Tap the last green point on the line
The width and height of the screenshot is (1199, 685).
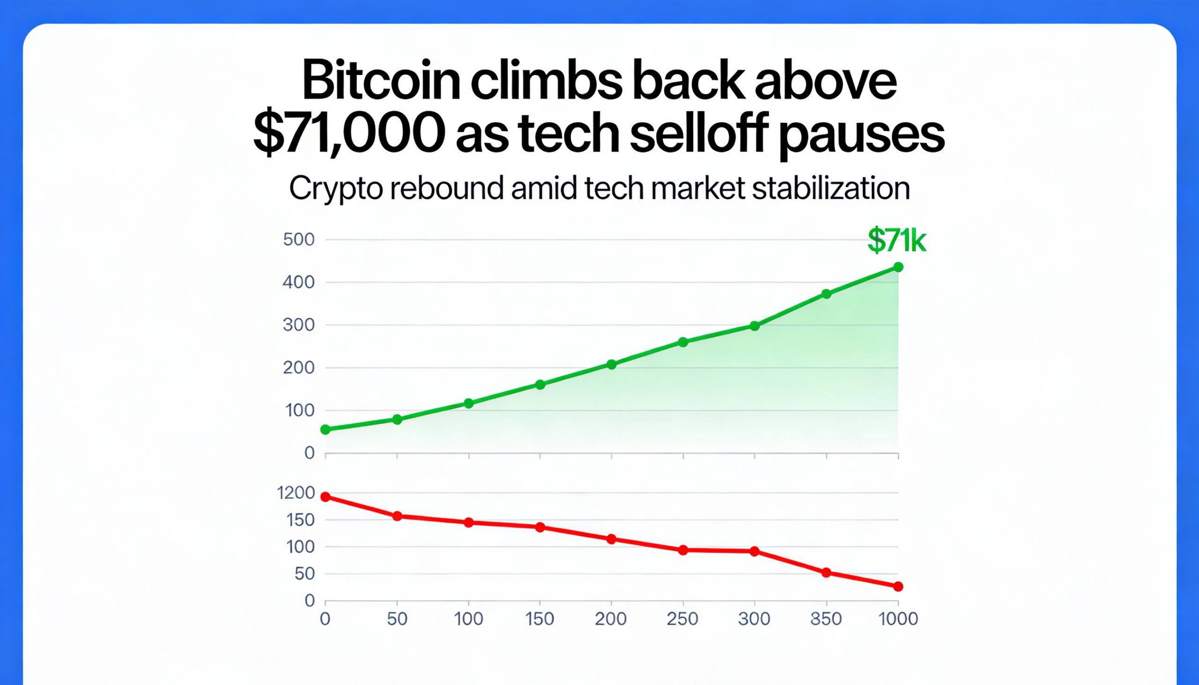898,267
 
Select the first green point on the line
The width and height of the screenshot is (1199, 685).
325,429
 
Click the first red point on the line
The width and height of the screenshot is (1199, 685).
325,497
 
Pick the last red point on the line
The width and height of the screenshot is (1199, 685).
898,586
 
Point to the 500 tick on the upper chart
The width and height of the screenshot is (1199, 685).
299,240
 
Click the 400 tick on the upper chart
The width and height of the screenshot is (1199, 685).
299,282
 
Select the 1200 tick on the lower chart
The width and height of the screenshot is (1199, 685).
296,493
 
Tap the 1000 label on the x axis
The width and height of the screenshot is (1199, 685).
898,619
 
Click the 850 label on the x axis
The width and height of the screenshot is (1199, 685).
826,619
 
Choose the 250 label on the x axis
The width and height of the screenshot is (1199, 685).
682,619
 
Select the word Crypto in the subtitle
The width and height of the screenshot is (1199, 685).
335,189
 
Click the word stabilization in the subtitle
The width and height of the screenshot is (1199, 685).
830,188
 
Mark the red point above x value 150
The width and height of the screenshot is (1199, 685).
540,527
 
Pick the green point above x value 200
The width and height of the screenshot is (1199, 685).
611,364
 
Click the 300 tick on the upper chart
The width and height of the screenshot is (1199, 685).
299,325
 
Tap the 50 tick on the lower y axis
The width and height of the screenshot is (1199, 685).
304,574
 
